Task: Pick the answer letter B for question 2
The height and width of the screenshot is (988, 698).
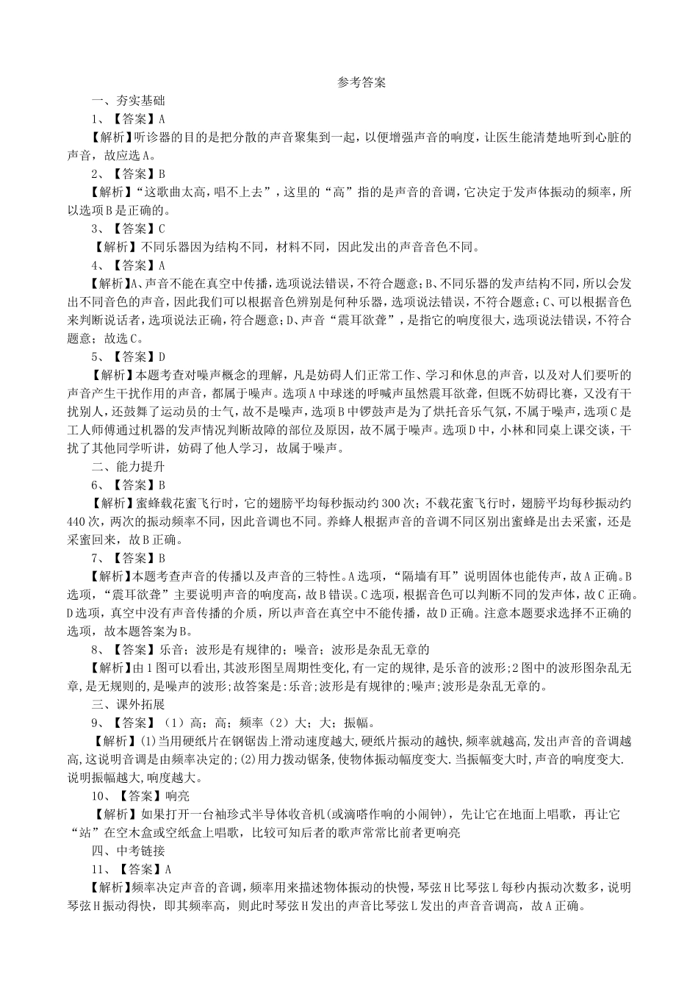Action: [162, 174]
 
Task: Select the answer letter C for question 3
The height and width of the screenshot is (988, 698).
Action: [162, 229]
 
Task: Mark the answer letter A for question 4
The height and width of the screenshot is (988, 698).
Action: [162, 265]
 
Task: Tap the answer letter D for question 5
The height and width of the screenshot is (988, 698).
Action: [162, 357]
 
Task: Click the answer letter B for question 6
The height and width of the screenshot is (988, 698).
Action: [162, 485]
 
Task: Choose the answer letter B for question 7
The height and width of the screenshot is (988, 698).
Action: [162, 558]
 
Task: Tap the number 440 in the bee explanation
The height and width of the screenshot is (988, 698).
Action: [77, 522]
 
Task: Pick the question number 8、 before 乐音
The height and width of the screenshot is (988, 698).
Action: [96, 650]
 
